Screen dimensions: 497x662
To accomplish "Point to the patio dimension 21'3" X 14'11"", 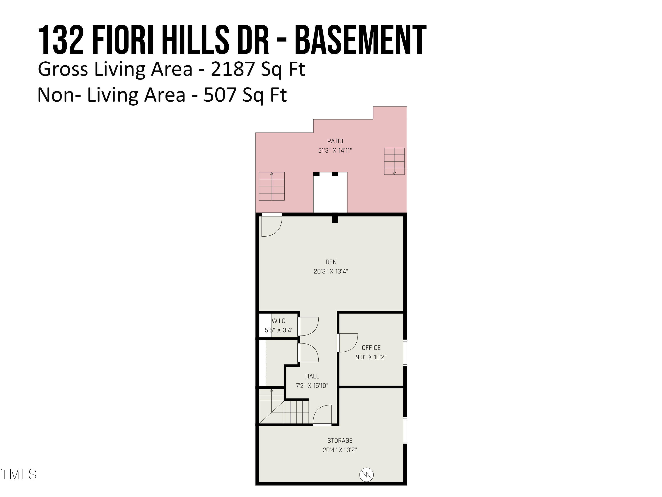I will point(335,150).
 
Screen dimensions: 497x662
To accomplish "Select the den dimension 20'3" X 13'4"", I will point(331,271).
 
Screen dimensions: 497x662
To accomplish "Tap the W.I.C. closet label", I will point(279,321).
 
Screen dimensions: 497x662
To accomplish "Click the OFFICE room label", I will point(371,347).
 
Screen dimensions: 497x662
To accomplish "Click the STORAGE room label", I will point(340,440).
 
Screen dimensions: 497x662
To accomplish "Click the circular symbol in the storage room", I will point(366,474).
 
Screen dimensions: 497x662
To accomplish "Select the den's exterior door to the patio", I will point(271,225).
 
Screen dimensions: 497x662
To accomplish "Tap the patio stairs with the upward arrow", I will point(272,186).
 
